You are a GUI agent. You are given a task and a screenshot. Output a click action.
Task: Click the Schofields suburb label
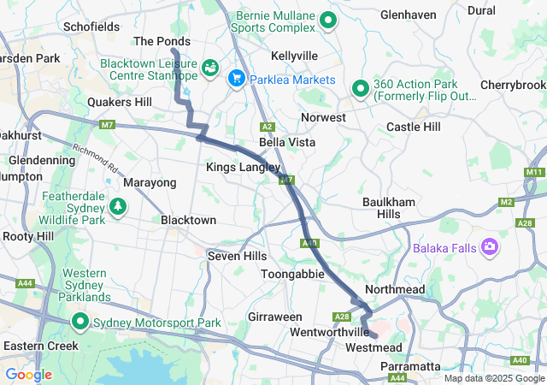91,27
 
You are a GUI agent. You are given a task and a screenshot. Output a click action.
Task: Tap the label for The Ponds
162,41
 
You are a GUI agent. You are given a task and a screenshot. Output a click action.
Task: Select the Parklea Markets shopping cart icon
237,79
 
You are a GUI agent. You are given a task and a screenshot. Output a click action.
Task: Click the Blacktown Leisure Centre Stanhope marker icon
210,66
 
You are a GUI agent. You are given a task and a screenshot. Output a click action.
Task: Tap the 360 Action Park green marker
361,88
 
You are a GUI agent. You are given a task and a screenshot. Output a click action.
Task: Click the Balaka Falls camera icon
490,248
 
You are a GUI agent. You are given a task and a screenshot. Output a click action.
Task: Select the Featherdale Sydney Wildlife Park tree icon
118,206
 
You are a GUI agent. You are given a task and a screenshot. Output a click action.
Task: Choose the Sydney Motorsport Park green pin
80,323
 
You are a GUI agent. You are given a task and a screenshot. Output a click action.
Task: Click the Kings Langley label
237,168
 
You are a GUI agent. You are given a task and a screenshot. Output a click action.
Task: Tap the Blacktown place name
188,220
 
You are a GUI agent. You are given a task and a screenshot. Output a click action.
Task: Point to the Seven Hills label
237,256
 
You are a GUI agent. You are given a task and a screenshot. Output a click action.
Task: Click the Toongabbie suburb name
292,274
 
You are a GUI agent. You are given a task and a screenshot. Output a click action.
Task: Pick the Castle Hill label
413,127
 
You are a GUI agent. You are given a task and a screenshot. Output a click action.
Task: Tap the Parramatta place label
409,366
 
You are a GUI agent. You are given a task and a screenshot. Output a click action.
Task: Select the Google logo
28,375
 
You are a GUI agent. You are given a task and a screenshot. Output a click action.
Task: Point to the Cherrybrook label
513,86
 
